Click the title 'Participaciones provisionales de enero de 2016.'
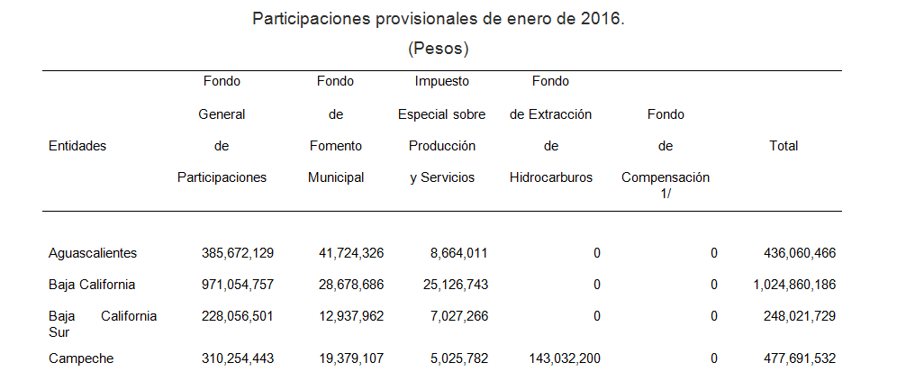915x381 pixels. (438, 18)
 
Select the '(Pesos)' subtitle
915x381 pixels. (439, 48)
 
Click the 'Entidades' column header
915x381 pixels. (77, 146)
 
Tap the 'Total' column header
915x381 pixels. (784, 146)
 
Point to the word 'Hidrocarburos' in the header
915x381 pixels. (551, 177)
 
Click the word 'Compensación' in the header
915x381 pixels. (666, 177)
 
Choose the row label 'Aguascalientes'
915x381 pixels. (93, 253)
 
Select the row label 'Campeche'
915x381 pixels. (81, 358)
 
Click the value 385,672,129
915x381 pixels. (238, 253)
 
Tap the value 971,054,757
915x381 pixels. (238, 285)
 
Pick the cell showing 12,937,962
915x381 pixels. (351, 316)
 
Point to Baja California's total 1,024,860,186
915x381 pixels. (794, 285)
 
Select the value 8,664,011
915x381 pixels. (459, 253)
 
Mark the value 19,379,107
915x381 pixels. (351, 358)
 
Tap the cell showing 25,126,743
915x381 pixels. (456, 285)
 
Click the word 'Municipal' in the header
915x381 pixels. (336, 177)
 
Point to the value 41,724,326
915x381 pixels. (351, 253)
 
